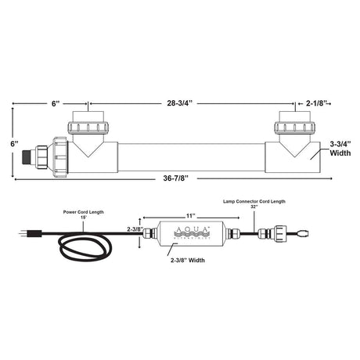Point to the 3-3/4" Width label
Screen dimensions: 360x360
(339, 149)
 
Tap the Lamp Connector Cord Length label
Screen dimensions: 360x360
(250, 202)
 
